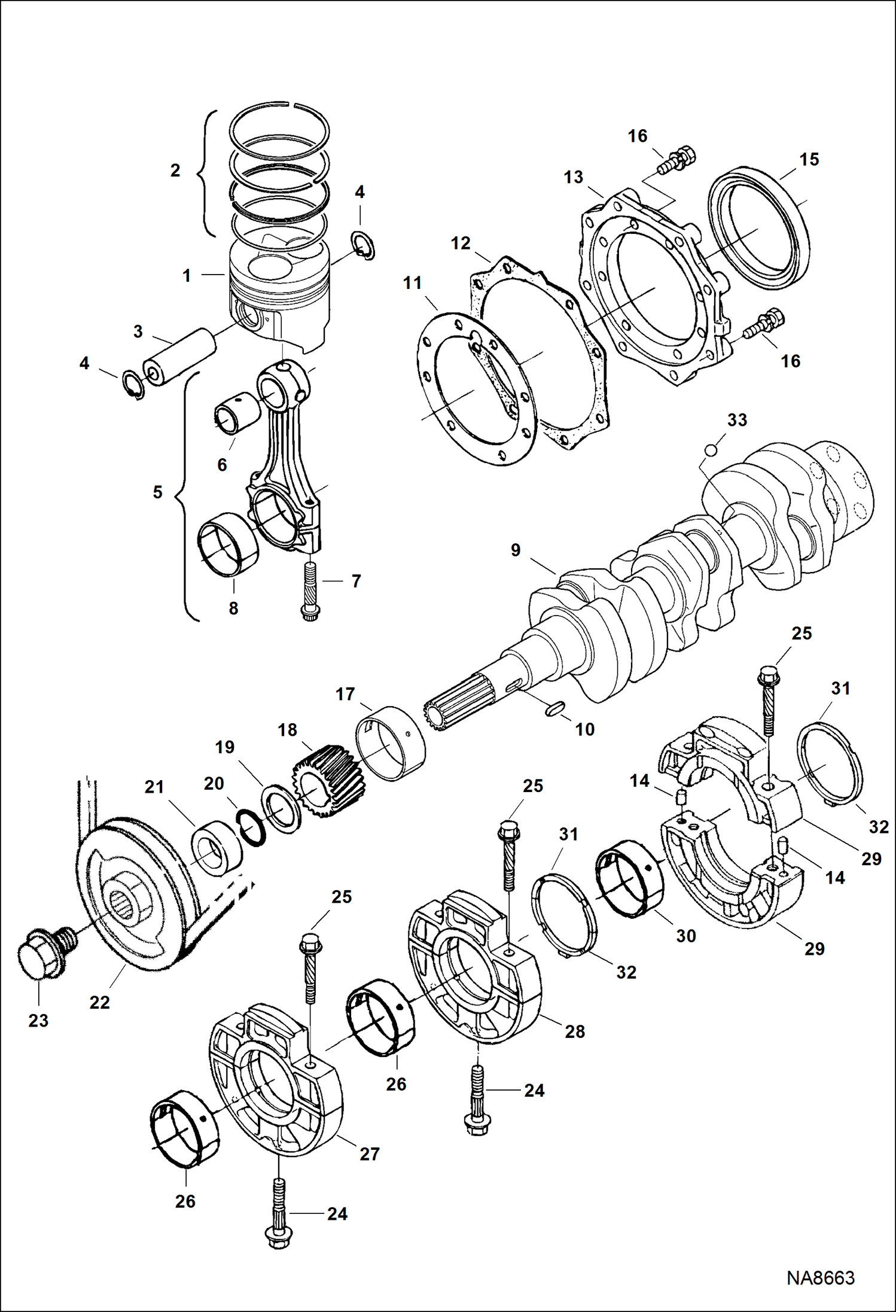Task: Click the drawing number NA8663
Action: [820, 1277]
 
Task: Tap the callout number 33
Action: [737, 420]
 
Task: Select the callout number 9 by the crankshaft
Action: [516, 550]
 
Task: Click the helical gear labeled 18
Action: [319, 780]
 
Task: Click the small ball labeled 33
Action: [711, 449]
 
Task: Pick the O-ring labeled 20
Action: [252, 828]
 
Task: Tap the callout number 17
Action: [345, 694]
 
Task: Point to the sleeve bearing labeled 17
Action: [391, 742]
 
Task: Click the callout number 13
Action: [573, 177]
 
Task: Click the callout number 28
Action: [574, 1031]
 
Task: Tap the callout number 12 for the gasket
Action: [461, 243]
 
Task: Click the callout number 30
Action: [685, 936]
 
